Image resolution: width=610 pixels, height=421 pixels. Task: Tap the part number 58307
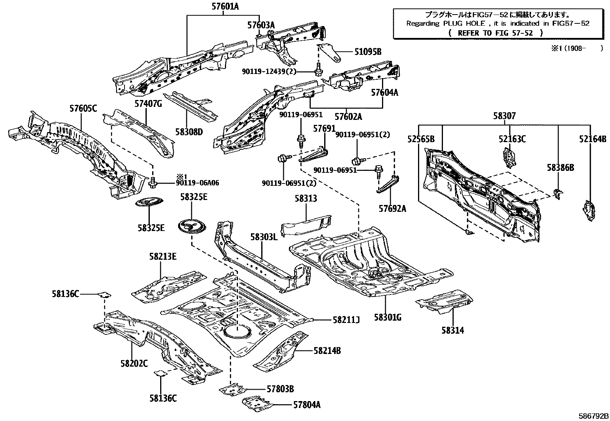504,116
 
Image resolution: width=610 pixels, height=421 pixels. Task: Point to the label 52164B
593,139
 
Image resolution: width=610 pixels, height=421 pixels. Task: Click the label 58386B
560,167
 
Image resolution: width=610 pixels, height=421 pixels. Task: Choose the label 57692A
392,209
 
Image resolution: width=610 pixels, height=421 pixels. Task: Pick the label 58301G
387,317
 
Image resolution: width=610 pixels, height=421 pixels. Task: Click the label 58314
453,330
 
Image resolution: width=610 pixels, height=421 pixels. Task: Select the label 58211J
344,319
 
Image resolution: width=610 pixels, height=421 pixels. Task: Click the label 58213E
163,257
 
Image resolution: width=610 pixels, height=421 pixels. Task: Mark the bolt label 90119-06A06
197,183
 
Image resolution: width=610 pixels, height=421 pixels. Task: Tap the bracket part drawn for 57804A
257,402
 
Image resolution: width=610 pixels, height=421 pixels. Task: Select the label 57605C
83,108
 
